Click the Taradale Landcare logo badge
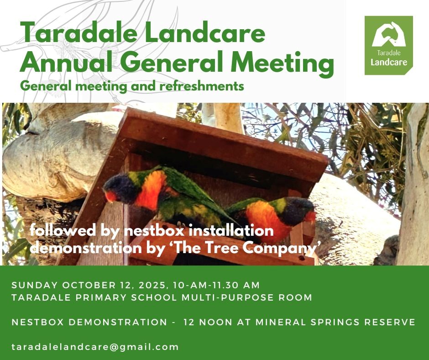tap(388, 45)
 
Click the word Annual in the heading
tap(66, 62)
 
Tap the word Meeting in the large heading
tap(283, 64)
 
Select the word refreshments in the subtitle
tap(202, 86)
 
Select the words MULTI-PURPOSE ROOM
tap(247, 297)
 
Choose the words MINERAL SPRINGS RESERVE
tap(335, 322)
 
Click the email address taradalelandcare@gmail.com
tap(95, 347)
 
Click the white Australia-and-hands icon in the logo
tap(389, 34)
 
